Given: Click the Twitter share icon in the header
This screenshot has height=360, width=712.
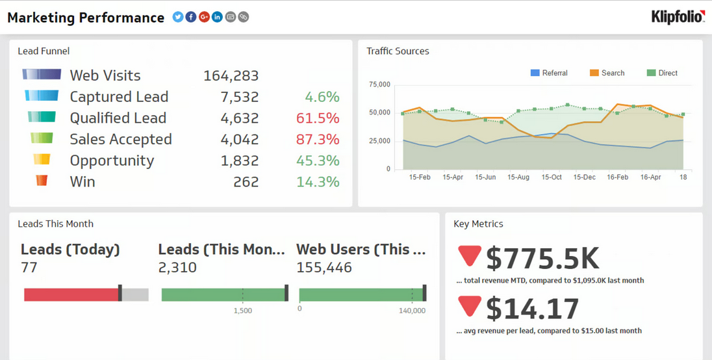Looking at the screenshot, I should tap(178, 17).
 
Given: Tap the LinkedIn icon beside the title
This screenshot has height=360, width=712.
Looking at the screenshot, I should tap(217, 17).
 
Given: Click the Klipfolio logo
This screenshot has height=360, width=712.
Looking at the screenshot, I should tap(678, 18).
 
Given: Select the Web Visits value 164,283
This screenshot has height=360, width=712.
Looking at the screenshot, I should tap(231, 76).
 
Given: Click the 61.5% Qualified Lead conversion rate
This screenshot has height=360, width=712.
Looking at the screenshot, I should tap(318, 118).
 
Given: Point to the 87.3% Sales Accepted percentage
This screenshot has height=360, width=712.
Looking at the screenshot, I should tap(318, 140).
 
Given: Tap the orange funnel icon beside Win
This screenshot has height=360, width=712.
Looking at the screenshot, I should tap(42, 181).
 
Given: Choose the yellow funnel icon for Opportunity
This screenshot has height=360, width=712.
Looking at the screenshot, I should tap(42, 159).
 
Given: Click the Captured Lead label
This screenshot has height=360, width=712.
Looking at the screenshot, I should tap(119, 97).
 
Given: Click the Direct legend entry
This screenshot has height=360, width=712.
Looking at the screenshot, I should tap(663, 73).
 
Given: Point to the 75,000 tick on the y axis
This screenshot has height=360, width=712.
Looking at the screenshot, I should tap(379, 84).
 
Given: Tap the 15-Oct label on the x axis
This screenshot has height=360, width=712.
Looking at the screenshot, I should tap(552, 177).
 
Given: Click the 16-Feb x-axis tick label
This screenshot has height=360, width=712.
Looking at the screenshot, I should tap(617, 177).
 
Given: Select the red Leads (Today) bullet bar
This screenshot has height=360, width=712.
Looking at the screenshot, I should tap(71, 294).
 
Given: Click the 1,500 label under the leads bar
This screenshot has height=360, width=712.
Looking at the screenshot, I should tap(242, 311).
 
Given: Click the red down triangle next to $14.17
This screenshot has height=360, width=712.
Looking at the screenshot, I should tap(469, 306).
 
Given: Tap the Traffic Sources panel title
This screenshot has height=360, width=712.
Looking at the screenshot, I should tap(398, 51).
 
